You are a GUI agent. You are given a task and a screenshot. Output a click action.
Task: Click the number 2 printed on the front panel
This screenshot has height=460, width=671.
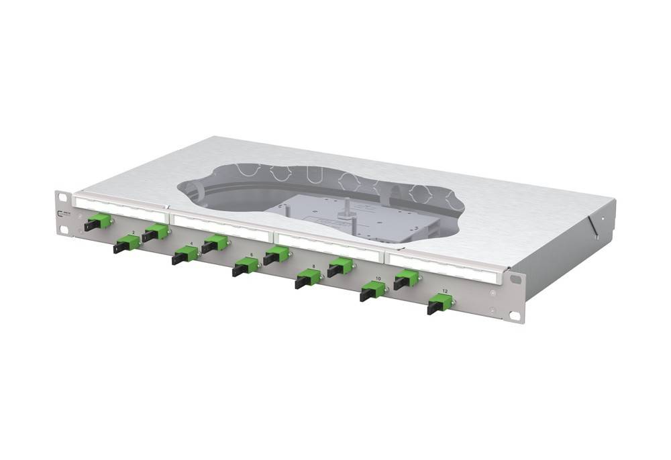click(x=133, y=232)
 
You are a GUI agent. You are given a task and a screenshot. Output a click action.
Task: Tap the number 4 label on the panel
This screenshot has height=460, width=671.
click(x=192, y=244)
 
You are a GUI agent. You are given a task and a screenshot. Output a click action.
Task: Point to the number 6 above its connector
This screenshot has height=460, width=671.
click(x=251, y=255)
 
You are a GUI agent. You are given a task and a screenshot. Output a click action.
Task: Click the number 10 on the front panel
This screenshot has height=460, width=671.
click(x=378, y=278)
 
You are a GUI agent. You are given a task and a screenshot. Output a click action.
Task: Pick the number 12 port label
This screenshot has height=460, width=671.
click(x=445, y=292)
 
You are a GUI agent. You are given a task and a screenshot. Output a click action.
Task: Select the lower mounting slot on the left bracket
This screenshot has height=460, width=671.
click(x=64, y=230)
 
